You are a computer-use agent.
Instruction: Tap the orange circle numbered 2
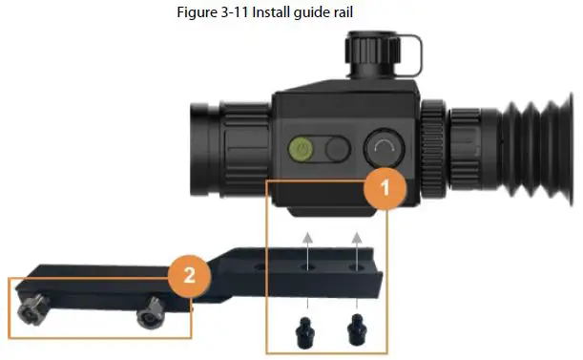click(x=187, y=276)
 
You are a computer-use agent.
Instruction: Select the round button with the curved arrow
click(x=383, y=148)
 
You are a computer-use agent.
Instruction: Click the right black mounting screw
click(x=356, y=330)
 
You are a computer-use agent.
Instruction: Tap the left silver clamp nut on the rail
click(x=34, y=309)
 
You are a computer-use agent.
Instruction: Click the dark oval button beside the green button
click(x=336, y=149)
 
